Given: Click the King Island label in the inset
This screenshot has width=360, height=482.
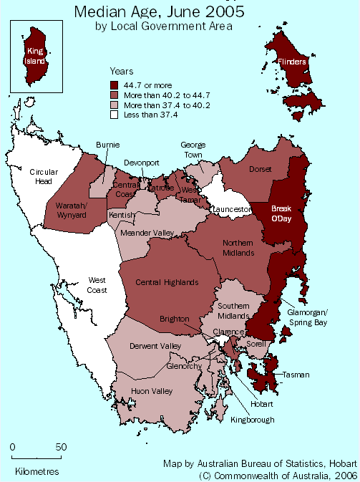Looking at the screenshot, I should [x=35, y=56].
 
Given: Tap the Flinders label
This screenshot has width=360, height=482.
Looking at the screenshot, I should [x=293, y=62].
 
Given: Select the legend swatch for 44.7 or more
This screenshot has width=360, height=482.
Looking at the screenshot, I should [x=114, y=85].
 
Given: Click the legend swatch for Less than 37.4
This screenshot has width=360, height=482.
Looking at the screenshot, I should [x=114, y=115].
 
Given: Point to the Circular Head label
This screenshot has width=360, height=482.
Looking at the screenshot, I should [x=44, y=176].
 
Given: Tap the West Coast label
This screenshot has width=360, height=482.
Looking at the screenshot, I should [x=97, y=285].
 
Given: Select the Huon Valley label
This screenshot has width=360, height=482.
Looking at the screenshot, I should [x=152, y=391].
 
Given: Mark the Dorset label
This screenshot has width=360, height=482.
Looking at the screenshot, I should [x=260, y=170].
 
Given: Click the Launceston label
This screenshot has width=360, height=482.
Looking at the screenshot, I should [x=230, y=209].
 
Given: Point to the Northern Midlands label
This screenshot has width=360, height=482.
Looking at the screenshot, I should [x=238, y=248].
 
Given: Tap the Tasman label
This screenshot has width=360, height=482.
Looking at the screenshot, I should [x=296, y=375].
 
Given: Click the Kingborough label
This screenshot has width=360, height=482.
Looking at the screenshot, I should [x=252, y=420].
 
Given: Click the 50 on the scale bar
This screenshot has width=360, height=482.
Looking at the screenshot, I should [x=62, y=447].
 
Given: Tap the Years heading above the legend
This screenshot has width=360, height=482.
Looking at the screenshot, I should [x=121, y=71].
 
